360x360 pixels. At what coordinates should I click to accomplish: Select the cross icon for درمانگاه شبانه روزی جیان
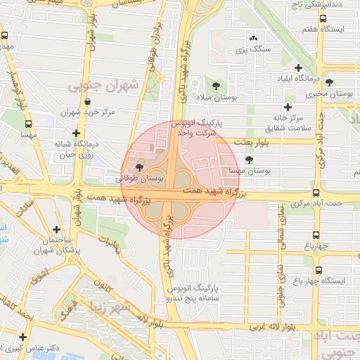click(77, 132)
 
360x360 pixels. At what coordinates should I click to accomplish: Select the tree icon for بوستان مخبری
click(329, 82)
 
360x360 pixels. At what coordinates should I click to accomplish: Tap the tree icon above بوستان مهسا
click(249, 160)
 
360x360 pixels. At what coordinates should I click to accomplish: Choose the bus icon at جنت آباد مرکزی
click(316, 193)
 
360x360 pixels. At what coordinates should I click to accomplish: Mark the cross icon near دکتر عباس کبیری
click(24, 337)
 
